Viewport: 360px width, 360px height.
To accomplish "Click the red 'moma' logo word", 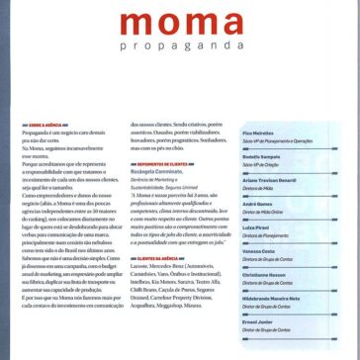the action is (x=181, y=28).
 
